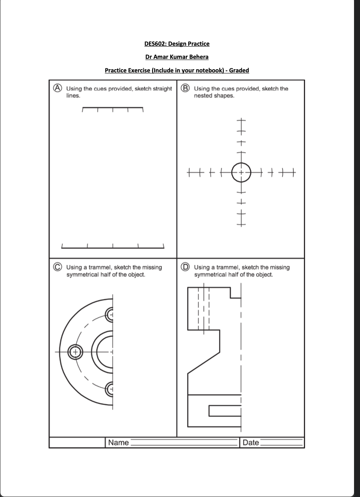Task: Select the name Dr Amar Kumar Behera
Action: [177, 57]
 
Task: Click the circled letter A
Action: [58, 88]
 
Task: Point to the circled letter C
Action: [58, 267]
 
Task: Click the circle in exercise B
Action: [241, 172]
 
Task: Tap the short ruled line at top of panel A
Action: [113, 107]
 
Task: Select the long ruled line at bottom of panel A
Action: [113, 248]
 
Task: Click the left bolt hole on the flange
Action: [74, 352]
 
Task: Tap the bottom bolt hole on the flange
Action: [110, 389]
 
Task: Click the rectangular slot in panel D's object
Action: [224, 411]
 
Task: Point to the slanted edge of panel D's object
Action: [203, 363]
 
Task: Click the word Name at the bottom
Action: [118, 442]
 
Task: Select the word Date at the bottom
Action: [250, 442]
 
